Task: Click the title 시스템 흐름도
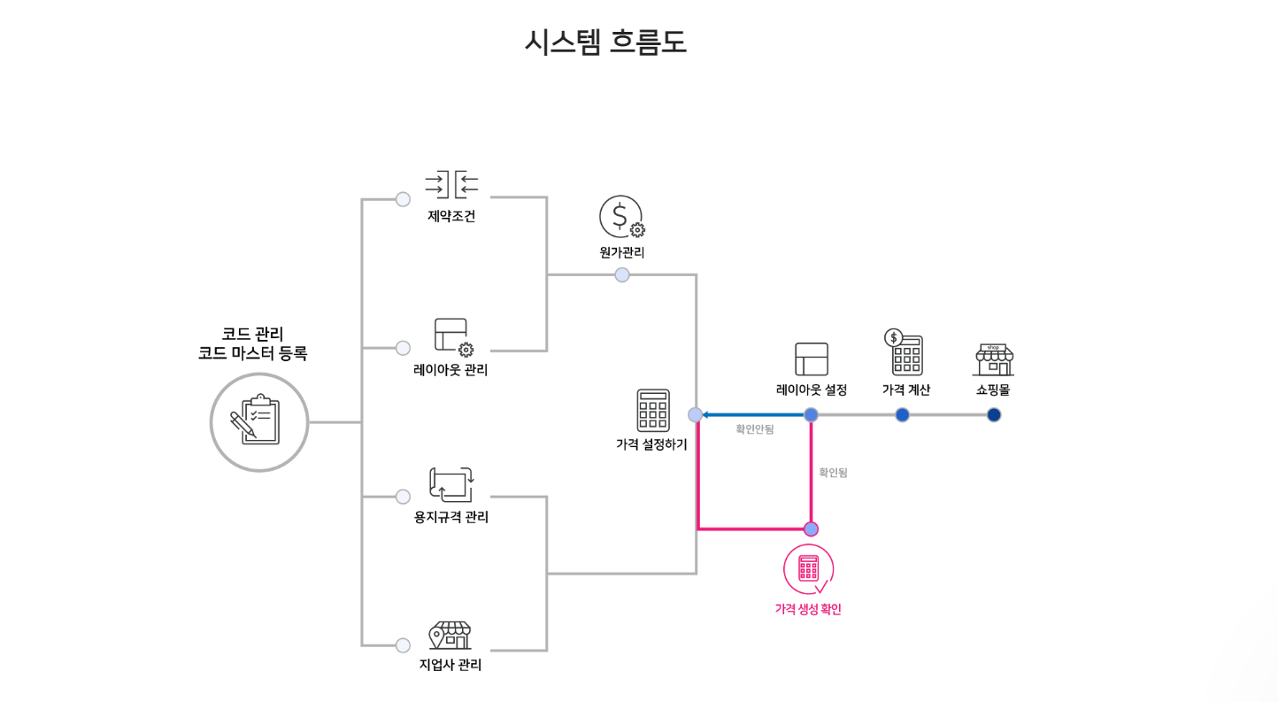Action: point(604,42)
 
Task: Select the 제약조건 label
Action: point(450,216)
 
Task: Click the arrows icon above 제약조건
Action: point(451,184)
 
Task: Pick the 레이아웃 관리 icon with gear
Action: point(452,336)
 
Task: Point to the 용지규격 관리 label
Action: point(450,517)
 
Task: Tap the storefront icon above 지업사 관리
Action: point(450,635)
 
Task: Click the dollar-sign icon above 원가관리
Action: point(621,216)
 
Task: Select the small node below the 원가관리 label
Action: point(622,274)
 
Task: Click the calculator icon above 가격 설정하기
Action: point(652,410)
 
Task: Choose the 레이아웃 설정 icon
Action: point(812,359)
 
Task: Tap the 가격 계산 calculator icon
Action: point(905,352)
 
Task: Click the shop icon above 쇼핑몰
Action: point(993,360)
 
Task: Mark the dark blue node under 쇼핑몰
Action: point(994,415)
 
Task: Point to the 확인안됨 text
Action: point(754,429)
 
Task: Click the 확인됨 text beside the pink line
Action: point(833,473)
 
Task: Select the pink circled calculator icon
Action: point(808,569)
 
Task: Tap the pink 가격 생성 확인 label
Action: point(807,609)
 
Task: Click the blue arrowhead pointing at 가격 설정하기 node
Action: point(705,414)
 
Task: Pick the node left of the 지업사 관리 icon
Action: point(403,645)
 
